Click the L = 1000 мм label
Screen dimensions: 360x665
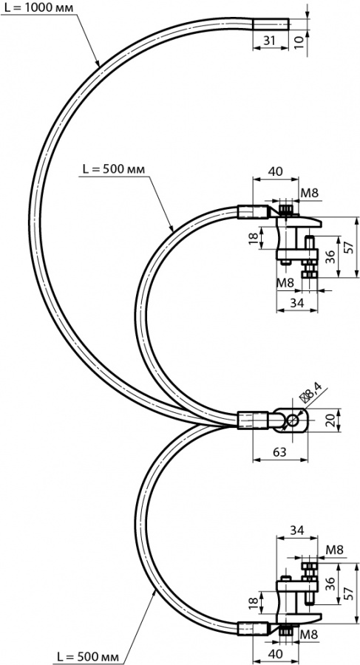[37, 7]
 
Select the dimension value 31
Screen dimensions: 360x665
[269, 41]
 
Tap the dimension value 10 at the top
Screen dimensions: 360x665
[299, 41]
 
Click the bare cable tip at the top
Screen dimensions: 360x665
[271, 24]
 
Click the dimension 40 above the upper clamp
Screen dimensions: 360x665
[276, 171]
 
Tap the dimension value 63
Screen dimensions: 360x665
[279, 452]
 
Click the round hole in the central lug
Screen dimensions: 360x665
[293, 420]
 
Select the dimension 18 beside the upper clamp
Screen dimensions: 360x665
[254, 237]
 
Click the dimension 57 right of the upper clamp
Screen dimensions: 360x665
[349, 248]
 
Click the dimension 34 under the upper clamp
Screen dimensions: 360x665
[296, 303]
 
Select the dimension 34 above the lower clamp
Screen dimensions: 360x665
[296, 530]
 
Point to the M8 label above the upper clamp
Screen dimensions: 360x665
[310, 193]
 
